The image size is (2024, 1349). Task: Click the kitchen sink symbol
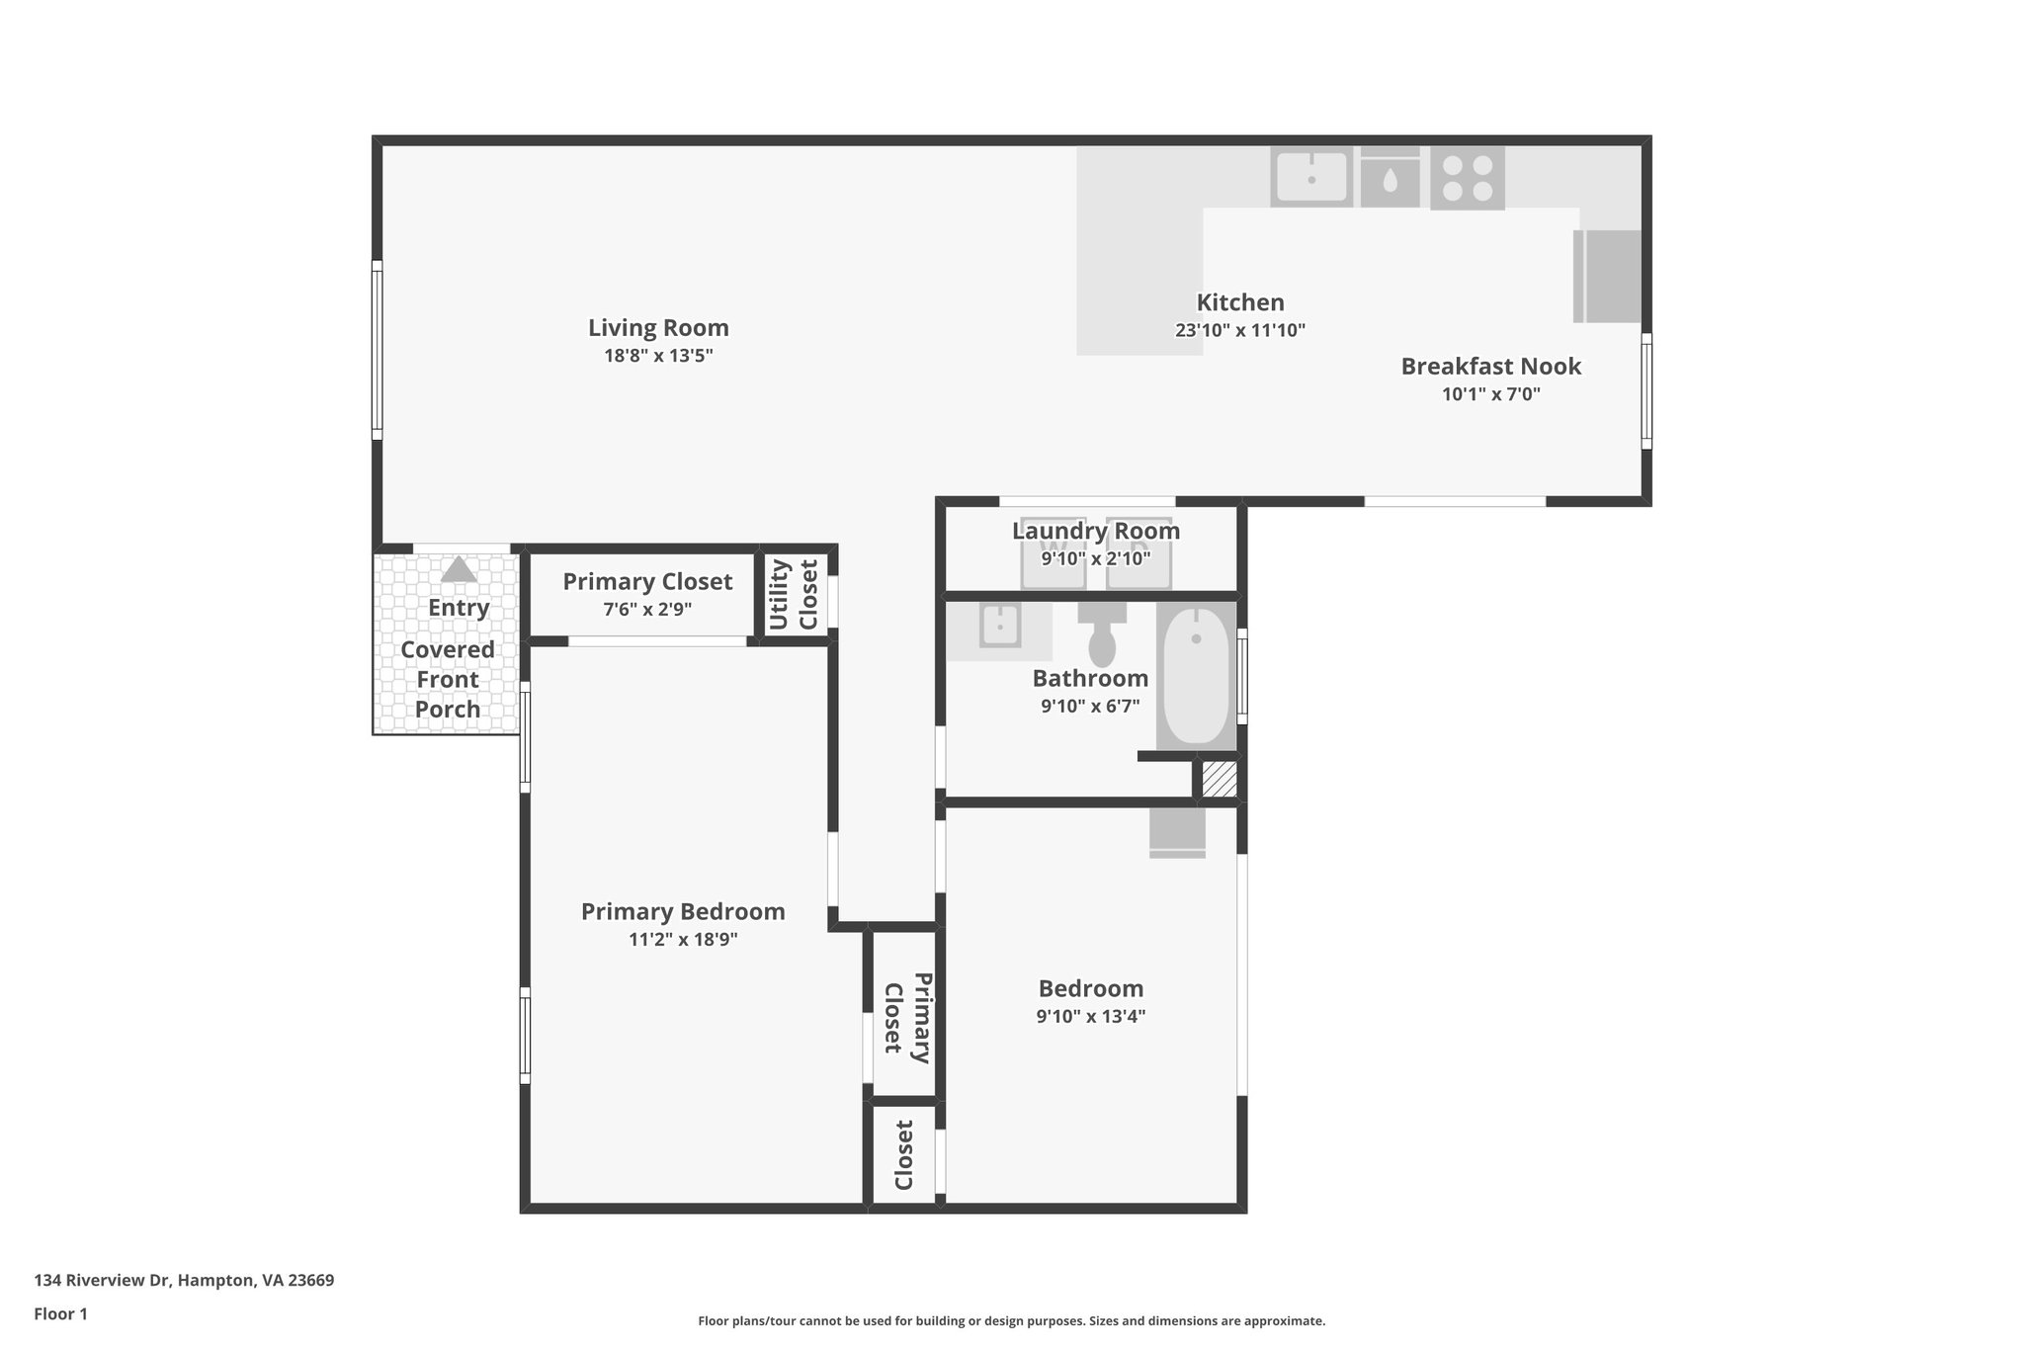click(1310, 178)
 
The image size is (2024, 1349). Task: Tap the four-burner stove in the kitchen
click(1467, 179)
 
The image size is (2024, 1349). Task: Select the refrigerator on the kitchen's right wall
click(1607, 276)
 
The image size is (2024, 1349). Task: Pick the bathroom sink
click(999, 627)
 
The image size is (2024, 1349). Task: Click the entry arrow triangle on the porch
click(459, 570)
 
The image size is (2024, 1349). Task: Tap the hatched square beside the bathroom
click(1219, 779)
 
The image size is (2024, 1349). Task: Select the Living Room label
click(658, 328)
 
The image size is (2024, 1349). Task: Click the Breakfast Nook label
click(1490, 367)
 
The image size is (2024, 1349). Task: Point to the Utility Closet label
click(794, 594)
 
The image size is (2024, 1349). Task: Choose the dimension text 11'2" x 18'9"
click(683, 939)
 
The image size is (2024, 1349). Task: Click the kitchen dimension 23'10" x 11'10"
click(1239, 331)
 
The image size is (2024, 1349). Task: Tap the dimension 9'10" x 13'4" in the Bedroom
click(1090, 1016)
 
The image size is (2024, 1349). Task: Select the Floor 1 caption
click(60, 1314)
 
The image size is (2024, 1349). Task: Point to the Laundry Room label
click(1095, 531)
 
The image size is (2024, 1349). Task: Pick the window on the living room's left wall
click(377, 349)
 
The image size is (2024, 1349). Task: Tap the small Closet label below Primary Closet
click(904, 1154)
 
